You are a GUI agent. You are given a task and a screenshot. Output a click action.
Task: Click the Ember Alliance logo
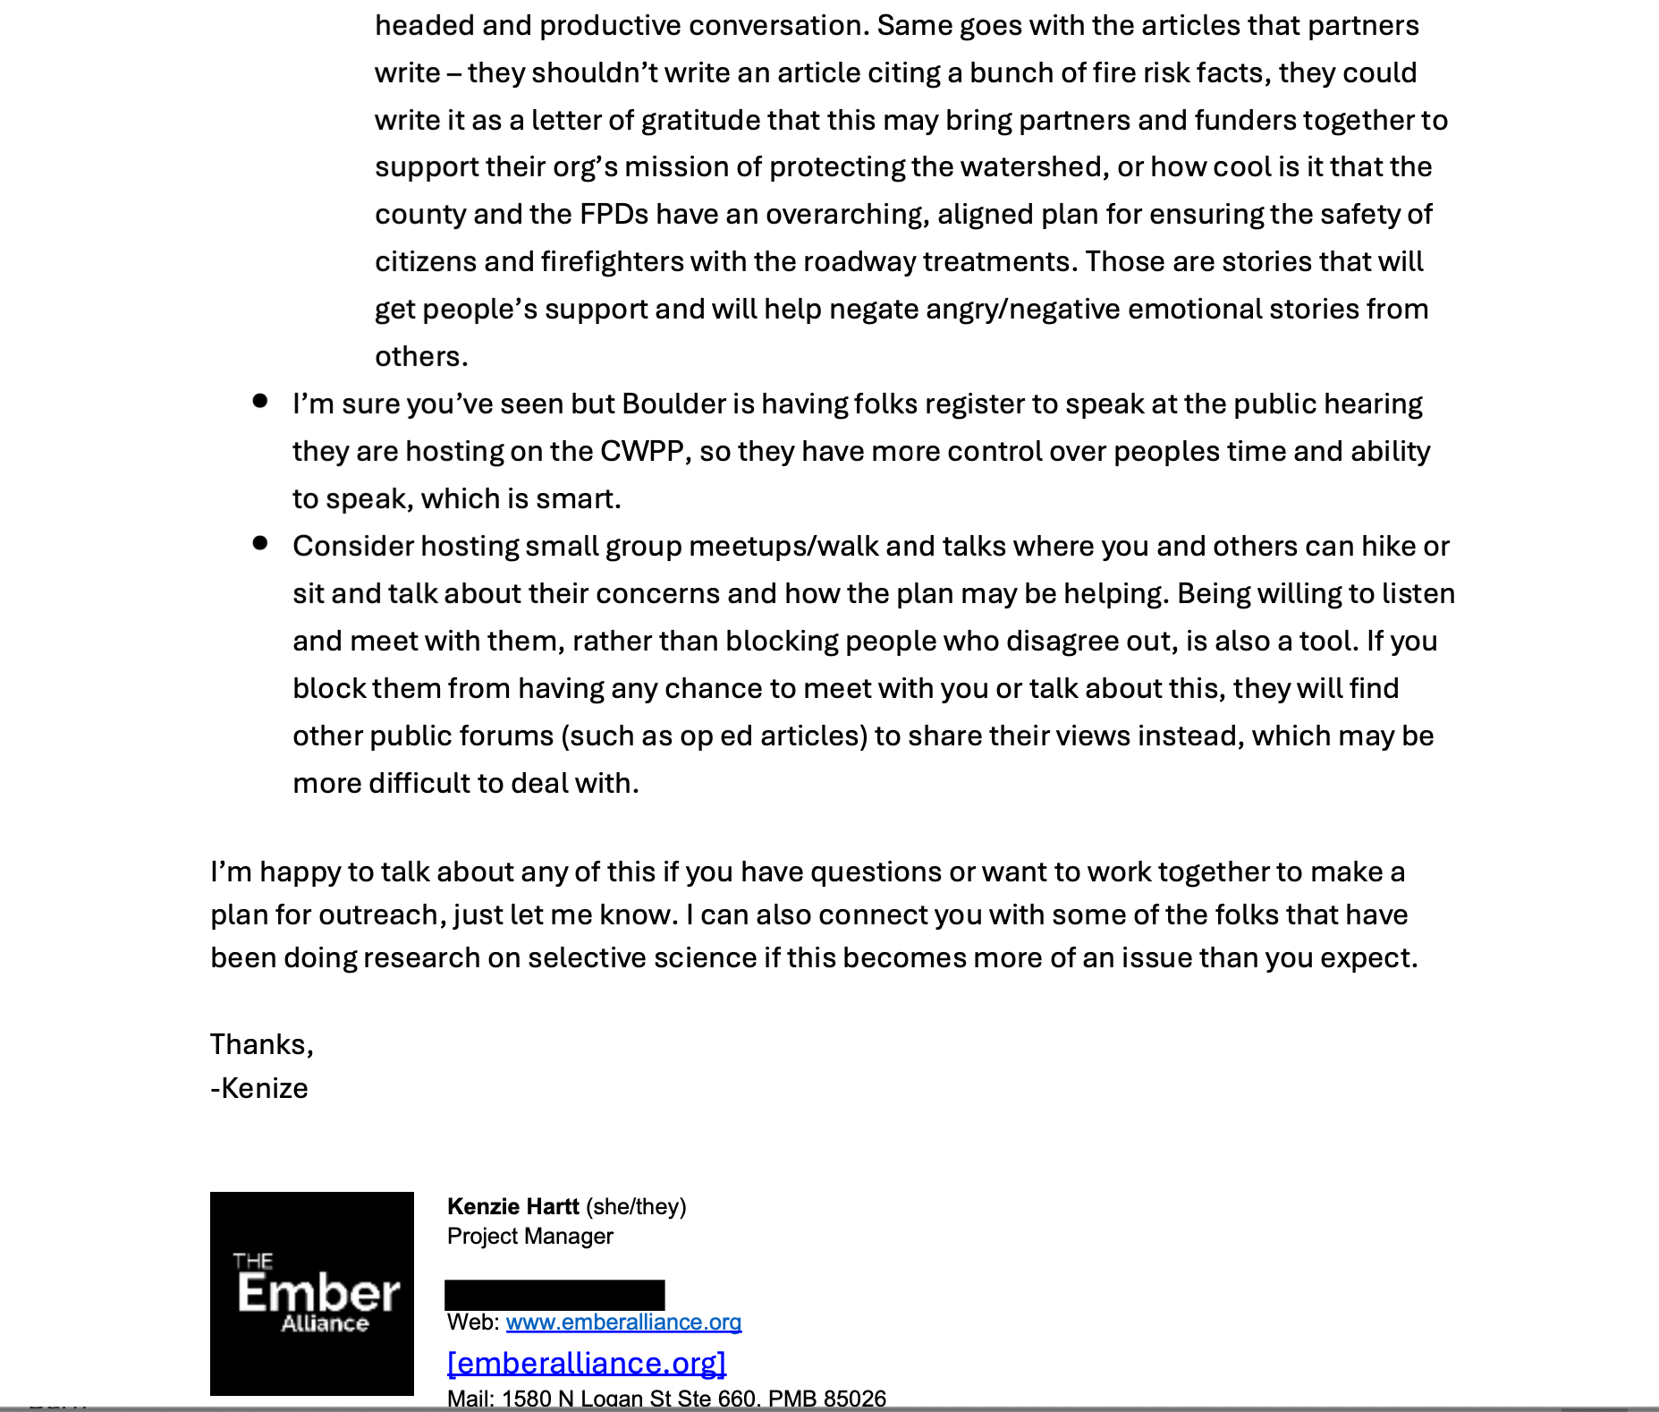coord(311,1293)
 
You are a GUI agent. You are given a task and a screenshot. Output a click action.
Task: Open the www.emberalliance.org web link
coord(623,1322)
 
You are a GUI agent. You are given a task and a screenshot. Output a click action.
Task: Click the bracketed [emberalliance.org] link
coord(586,1362)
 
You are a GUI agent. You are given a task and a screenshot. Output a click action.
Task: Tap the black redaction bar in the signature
coord(554,1295)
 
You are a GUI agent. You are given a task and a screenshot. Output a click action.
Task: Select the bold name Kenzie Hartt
coord(512,1206)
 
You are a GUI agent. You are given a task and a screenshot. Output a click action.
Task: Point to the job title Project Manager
coord(529,1236)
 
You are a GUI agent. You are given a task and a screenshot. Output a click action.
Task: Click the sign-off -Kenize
coord(259,1088)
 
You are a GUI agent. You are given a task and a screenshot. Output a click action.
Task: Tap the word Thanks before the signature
coord(260,1044)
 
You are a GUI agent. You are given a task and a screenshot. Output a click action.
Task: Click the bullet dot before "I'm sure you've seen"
coord(260,401)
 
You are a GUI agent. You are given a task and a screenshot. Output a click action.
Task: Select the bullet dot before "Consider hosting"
coord(260,543)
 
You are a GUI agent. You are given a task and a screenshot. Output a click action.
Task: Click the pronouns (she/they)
coord(636,1206)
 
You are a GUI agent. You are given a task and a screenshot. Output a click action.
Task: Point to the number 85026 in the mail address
coord(854,1398)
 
